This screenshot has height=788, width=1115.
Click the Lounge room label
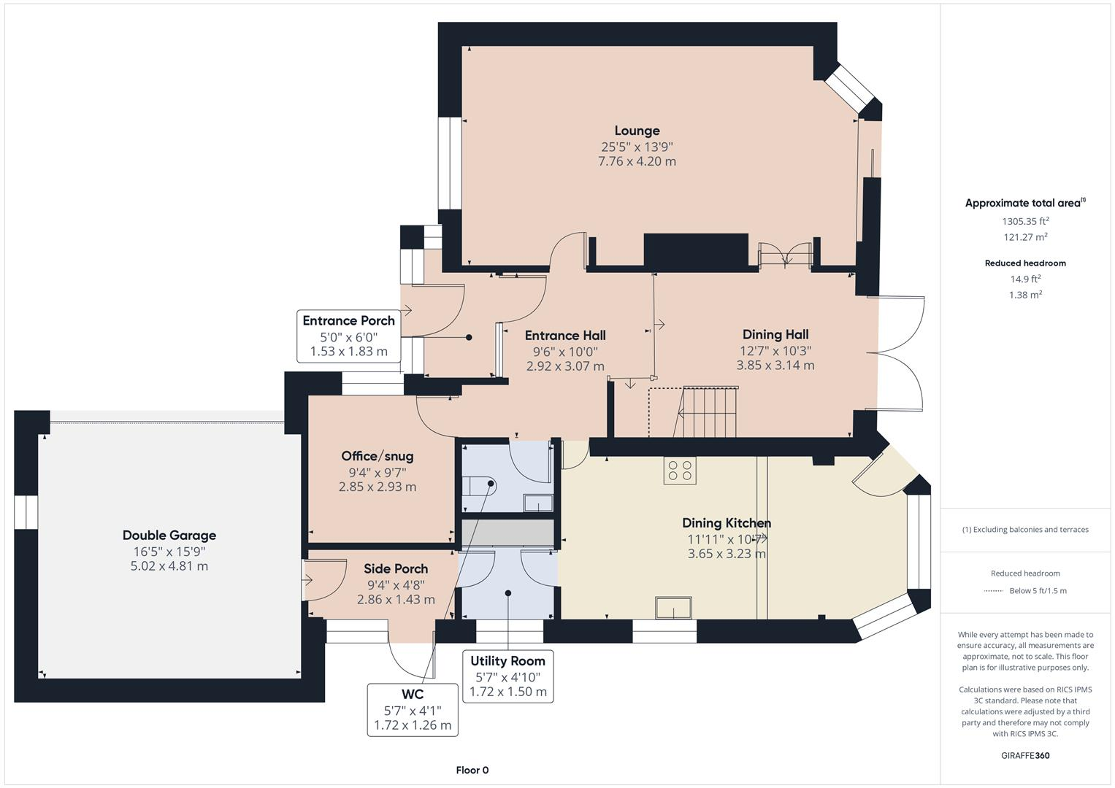(x=637, y=131)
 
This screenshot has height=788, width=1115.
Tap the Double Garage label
(x=169, y=535)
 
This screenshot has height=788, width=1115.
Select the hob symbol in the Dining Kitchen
(x=680, y=471)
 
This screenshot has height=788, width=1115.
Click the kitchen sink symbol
(x=673, y=608)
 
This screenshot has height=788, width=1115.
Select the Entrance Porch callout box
(x=348, y=336)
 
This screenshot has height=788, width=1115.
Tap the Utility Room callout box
(x=507, y=676)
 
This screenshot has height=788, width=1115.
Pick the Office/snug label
(x=378, y=456)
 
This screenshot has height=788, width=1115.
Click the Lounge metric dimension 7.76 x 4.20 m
(x=637, y=161)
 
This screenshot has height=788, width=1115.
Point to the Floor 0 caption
(x=472, y=770)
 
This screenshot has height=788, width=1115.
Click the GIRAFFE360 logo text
(x=1025, y=755)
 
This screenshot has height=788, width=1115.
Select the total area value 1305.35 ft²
(x=1025, y=221)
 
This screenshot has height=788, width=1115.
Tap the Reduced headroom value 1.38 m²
(x=1025, y=295)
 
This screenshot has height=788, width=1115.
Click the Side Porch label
(x=396, y=568)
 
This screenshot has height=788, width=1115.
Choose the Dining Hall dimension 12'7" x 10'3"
(x=775, y=350)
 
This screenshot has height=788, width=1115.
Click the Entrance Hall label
(x=565, y=336)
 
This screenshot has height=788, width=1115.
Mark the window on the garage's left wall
(x=26, y=512)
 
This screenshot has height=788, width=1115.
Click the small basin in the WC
(x=538, y=503)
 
